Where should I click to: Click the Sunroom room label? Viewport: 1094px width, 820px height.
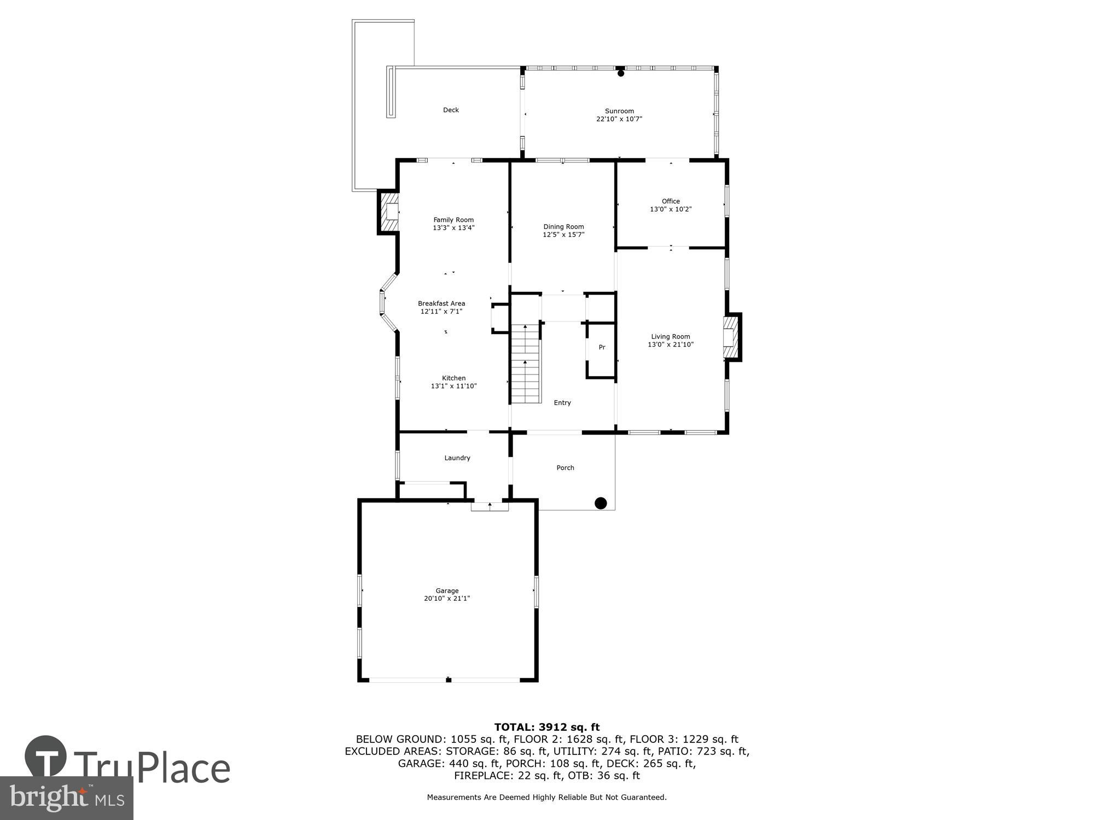pyautogui.click(x=619, y=111)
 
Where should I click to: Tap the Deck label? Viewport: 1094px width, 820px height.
pyautogui.click(x=451, y=110)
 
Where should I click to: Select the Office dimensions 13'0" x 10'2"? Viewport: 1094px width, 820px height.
pyautogui.click(x=671, y=209)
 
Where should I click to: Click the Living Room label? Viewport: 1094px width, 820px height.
pyautogui.click(x=671, y=337)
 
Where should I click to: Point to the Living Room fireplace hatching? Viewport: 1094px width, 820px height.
pyautogui.click(x=729, y=338)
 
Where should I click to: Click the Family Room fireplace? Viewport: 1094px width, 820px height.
pyautogui.click(x=389, y=212)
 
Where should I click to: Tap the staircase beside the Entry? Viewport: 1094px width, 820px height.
pyautogui.click(x=526, y=364)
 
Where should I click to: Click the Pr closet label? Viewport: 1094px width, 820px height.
pyautogui.click(x=602, y=347)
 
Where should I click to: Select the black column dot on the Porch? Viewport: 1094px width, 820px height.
pyautogui.click(x=601, y=503)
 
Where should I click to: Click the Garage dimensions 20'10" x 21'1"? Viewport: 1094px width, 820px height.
pyautogui.click(x=447, y=599)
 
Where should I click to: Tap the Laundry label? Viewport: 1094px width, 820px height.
pyautogui.click(x=457, y=458)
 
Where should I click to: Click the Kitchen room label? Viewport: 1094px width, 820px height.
pyautogui.click(x=454, y=378)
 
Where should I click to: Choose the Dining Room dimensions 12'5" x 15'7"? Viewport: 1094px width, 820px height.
pyautogui.click(x=563, y=235)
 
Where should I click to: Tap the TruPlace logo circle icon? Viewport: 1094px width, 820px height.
pyautogui.click(x=46, y=757)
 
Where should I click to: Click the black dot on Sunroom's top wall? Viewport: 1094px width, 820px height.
pyautogui.click(x=621, y=73)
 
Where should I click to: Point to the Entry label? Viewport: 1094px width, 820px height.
pyautogui.click(x=562, y=403)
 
